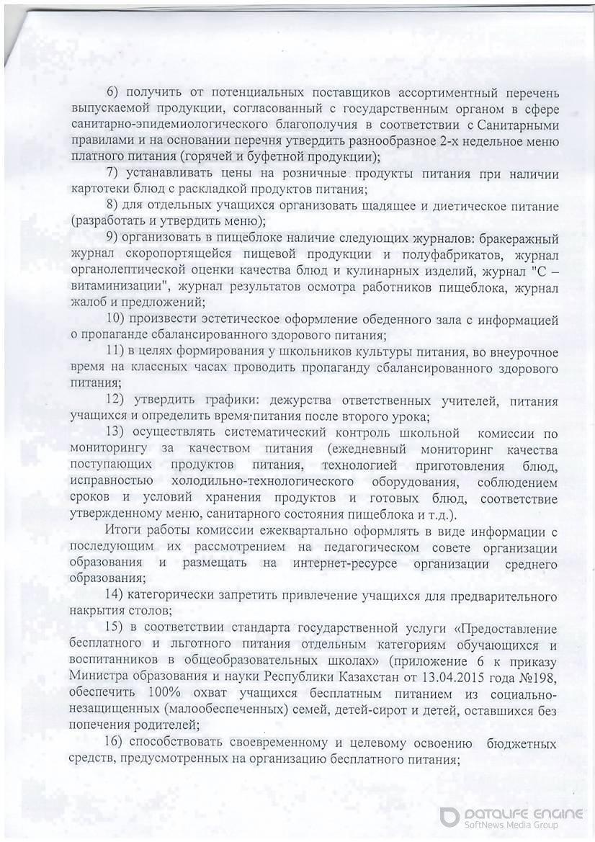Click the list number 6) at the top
pyautogui.click(x=113, y=94)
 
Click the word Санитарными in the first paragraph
pyautogui.click(x=516, y=124)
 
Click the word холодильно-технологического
pyautogui.click(x=266, y=481)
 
